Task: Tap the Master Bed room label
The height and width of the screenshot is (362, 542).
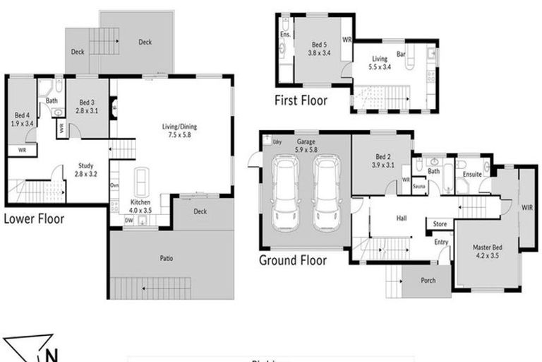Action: (x=488, y=252)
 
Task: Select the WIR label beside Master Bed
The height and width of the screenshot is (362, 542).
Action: (x=527, y=208)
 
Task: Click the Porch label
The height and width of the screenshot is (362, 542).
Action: (x=428, y=280)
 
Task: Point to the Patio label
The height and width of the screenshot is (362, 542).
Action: (x=167, y=257)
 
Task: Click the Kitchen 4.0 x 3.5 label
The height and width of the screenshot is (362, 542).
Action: (x=140, y=206)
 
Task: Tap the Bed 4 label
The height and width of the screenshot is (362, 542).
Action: (x=22, y=119)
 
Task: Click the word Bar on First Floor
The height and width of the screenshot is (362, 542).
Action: (x=401, y=54)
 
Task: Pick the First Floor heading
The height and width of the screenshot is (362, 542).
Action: (x=301, y=101)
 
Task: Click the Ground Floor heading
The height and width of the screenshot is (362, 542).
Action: (x=293, y=260)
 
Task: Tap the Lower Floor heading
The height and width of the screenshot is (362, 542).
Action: (x=34, y=218)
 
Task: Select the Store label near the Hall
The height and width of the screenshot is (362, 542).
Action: (x=440, y=225)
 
